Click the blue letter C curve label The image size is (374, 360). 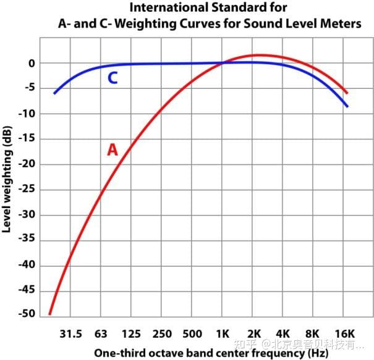pos(113,78)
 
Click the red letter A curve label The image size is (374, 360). pos(112,149)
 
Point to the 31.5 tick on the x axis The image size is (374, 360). pos(70,334)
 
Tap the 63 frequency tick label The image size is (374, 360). pos(101,334)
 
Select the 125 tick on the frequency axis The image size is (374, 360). pos(131,334)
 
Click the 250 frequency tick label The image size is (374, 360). pos(162,334)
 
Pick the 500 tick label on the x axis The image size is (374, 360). pos(192,334)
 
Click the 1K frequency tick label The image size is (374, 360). pos(223,334)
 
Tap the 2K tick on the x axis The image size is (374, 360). pos(253,334)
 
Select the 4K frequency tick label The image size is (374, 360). pos(283,334)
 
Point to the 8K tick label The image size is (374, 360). pos(313,334)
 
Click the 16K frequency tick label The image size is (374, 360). pos(344,334)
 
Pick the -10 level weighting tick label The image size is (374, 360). pos(28,114)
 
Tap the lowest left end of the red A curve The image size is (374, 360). pos(49,314)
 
